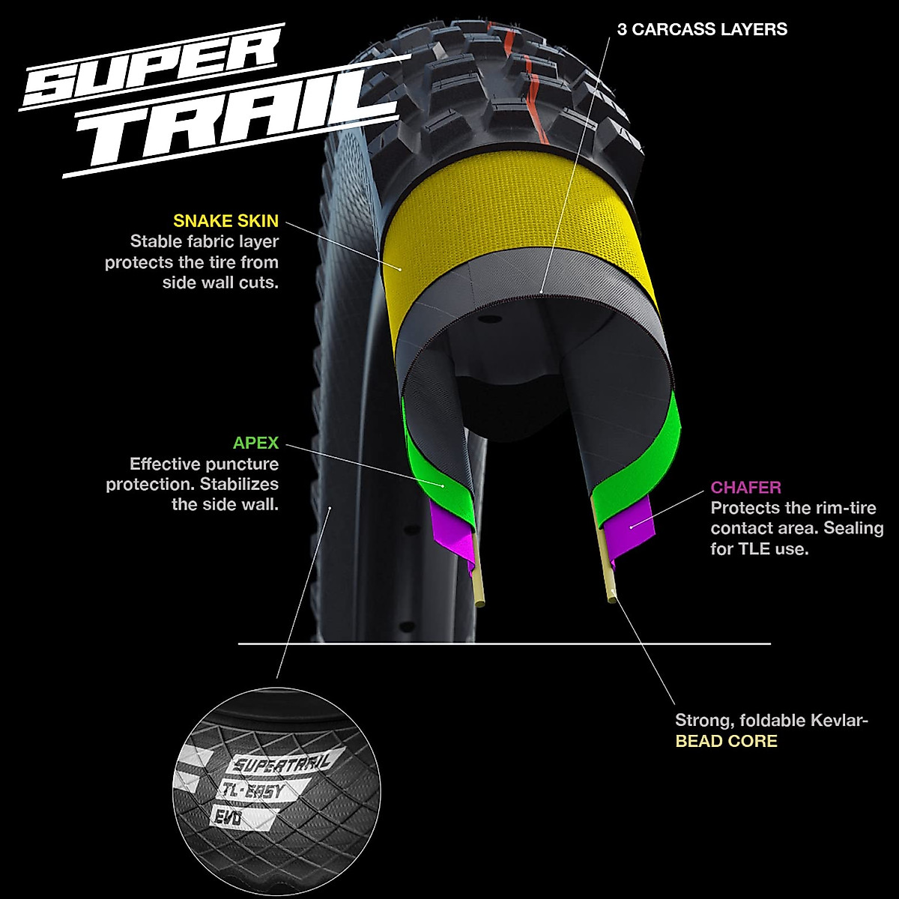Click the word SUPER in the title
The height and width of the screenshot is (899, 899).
click(150, 71)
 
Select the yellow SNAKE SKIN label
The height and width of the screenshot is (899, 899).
click(225, 221)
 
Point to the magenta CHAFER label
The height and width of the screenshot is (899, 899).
click(745, 488)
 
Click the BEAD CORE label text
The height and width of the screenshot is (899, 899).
click(726, 742)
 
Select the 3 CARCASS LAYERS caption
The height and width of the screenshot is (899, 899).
click(702, 29)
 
